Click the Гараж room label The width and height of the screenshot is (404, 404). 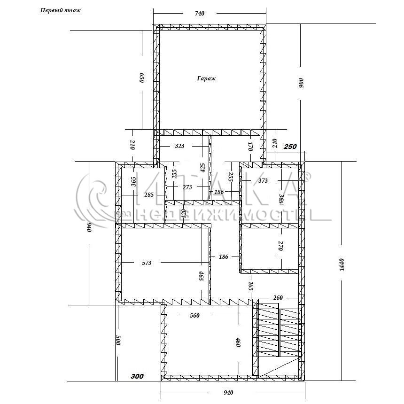click(206, 78)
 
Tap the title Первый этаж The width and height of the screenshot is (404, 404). click(60, 10)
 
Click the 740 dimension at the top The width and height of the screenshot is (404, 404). click(200, 14)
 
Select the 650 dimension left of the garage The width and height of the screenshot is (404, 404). click(142, 78)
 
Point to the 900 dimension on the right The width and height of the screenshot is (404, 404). click(301, 83)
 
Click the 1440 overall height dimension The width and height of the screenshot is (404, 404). click(342, 264)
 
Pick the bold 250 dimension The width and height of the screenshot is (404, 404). click(290, 147)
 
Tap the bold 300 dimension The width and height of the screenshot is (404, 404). click(137, 376)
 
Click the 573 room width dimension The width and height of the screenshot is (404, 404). click(147, 263)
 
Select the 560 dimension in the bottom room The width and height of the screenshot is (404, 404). click(194, 316)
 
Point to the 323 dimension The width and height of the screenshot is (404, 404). click(179, 146)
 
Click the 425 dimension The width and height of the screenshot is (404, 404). click(203, 168)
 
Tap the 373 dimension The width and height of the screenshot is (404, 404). click(263, 181)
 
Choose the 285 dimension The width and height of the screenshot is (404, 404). click(149, 195)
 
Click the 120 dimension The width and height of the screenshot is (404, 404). click(184, 214)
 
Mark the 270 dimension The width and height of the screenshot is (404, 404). click(281, 246)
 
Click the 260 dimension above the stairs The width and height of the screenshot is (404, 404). click(278, 298)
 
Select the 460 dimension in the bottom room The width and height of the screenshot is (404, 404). click(238, 342)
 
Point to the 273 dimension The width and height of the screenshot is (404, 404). click(187, 187)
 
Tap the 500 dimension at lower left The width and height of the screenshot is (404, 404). click(118, 341)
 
